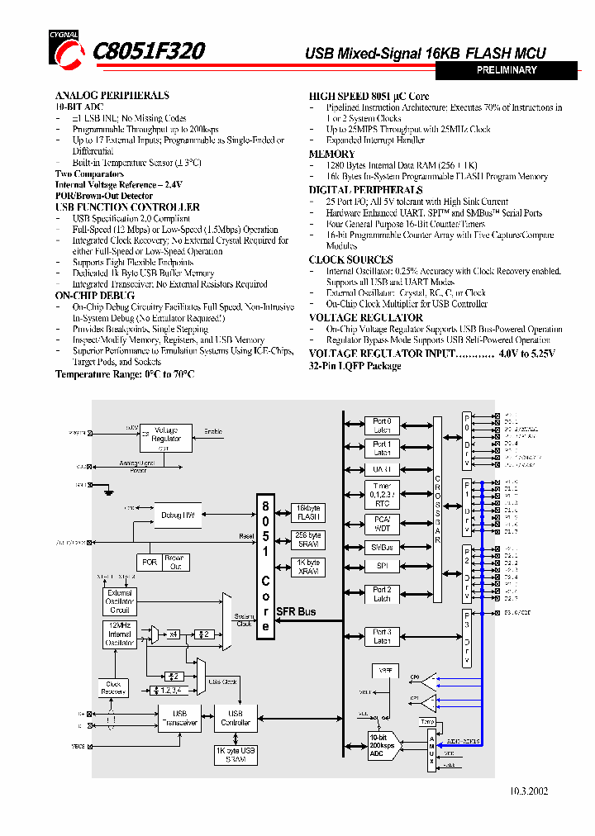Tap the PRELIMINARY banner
point(507,71)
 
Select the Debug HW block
point(178,515)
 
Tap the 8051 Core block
point(265,566)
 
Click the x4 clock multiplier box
point(174,634)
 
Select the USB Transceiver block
point(179,719)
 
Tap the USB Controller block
point(236,719)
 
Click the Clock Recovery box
point(113,687)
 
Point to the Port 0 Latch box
point(382,425)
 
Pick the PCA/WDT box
point(382,523)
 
